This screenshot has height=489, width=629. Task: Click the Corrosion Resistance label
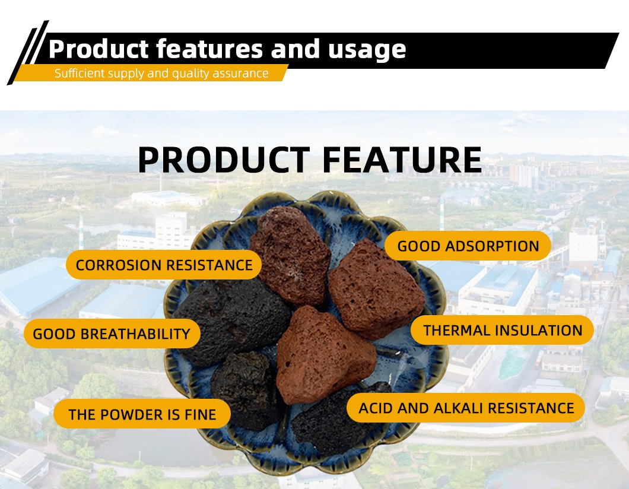click(x=164, y=265)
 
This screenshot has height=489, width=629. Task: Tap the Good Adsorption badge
click(x=468, y=246)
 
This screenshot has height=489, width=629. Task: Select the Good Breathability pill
click(x=112, y=334)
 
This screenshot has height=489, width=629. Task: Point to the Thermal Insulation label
click(x=502, y=330)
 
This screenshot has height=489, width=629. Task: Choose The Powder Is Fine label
click(x=142, y=414)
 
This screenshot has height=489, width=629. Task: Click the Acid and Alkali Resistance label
click(x=466, y=408)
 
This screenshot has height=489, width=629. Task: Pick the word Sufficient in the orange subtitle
click(x=79, y=74)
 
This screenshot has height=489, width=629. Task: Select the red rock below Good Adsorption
click(x=376, y=294)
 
